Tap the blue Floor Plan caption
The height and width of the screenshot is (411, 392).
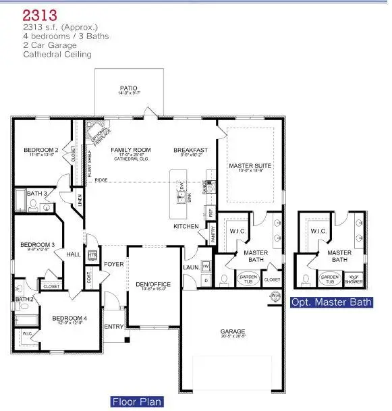[137, 402]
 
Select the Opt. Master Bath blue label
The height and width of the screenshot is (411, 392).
[331, 302]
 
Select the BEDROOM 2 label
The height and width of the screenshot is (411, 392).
[40, 150]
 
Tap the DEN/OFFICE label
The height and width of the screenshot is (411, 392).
[155, 284]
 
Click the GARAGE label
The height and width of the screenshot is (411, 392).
[233, 331]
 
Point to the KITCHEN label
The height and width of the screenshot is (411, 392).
[186, 226]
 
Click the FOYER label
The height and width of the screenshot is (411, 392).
[114, 264]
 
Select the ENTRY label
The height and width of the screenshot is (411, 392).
[113, 327]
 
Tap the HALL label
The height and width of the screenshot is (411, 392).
[73, 254]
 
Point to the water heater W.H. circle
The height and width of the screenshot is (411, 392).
[275, 296]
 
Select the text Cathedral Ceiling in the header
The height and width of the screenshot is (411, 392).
[57, 54]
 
